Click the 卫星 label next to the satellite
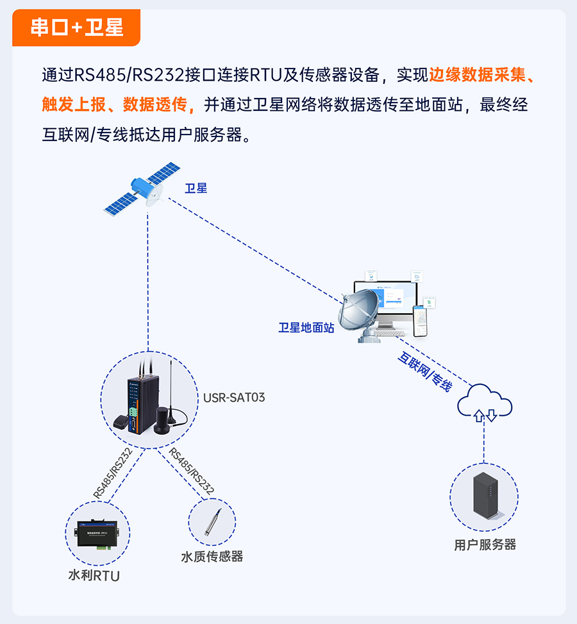tap(196, 188)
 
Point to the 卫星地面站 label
tap(306, 327)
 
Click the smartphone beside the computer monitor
tap(421, 321)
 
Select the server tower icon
tap(485, 495)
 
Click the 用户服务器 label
tap(485, 545)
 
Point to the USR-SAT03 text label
tap(234, 397)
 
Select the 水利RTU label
tap(94, 575)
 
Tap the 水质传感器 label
tap(212, 556)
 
